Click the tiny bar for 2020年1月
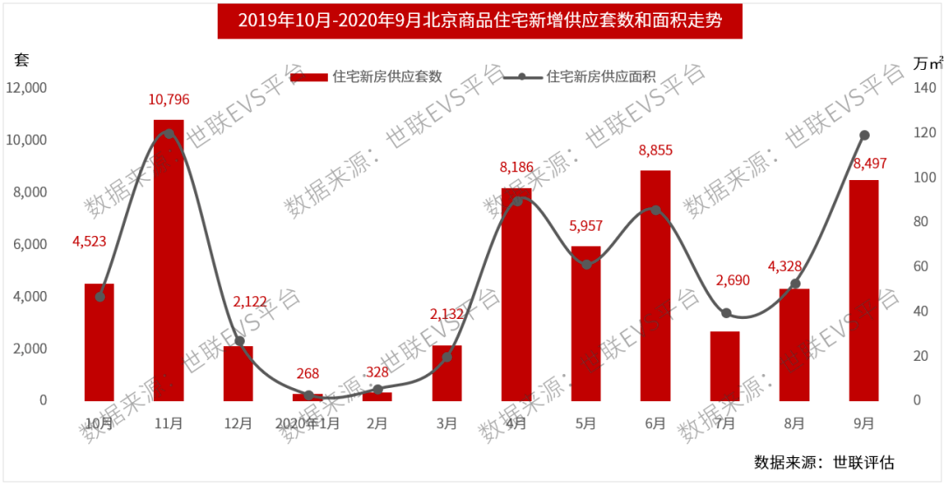308,397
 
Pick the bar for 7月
725,366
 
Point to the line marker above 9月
864,135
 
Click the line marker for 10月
100,297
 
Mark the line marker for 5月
587,264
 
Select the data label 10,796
169,100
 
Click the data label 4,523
89,241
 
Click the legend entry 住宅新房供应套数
367,77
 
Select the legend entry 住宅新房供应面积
580,77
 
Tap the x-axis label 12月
238,424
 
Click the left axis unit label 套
21,59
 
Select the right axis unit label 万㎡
927,63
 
